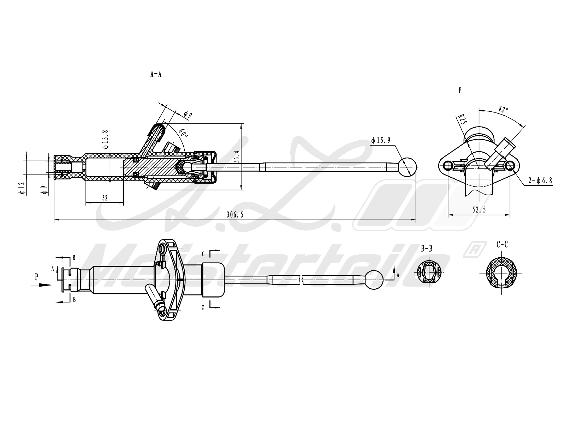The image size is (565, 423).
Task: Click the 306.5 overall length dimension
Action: (x=234, y=215)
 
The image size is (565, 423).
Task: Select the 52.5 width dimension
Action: (x=479, y=210)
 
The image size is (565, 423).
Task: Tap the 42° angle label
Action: (x=503, y=109)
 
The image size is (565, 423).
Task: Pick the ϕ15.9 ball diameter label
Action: (x=381, y=140)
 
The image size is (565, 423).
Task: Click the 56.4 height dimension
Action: (x=237, y=156)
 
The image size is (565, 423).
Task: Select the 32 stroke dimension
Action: (x=105, y=198)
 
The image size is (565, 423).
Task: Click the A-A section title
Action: (x=156, y=74)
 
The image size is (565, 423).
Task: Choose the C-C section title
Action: (x=502, y=244)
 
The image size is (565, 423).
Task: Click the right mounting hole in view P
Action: (x=510, y=165)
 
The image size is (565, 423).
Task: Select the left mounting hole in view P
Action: (x=448, y=165)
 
